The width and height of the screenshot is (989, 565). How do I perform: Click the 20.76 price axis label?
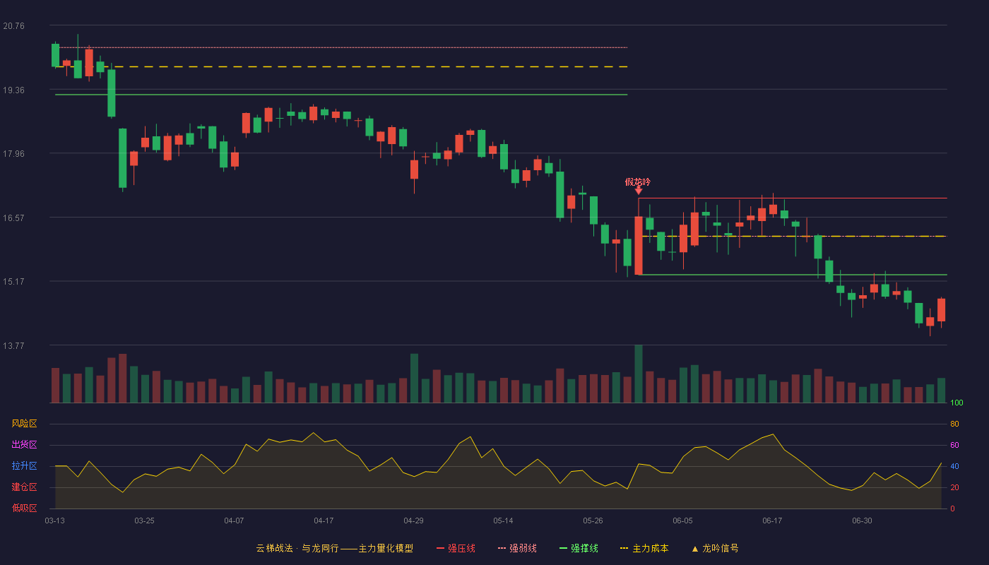pyautogui.click(x=13, y=26)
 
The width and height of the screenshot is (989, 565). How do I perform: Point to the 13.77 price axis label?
pyautogui.click(x=13, y=345)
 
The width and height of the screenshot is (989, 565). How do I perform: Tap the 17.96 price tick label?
pyautogui.click(x=13, y=154)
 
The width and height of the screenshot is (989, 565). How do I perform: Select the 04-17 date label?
pyautogui.click(x=324, y=521)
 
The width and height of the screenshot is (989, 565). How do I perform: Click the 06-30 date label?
pyautogui.click(x=862, y=521)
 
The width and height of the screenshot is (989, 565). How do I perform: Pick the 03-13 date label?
pyautogui.click(x=55, y=521)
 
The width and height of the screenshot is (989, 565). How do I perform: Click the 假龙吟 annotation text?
pyautogui.click(x=637, y=182)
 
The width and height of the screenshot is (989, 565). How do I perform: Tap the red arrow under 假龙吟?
pyautogui.click(x=639, y=191)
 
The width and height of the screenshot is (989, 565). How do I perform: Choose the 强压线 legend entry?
pyautogui.click(x=456, y=548)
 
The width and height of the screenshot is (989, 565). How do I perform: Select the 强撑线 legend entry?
pyautogui.click(x=579, y=548)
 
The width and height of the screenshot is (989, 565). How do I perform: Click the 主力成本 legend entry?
pyautogui.click(x=644, y=548)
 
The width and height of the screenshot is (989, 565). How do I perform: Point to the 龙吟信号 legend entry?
pyautogui.click(x=715, y=548)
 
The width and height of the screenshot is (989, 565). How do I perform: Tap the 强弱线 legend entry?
pyautogui.click(x=517, y=548)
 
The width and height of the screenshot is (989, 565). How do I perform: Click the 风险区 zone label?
pyautogui.click(x=24, y=424)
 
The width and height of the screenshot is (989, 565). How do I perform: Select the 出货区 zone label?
pyautogui.click(x=24, y=444)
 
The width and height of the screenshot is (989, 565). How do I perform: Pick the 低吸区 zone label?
pyautogui.click(x=24, y=508)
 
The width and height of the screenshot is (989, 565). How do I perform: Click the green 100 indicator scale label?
pyautogui.click(x=957, y=403)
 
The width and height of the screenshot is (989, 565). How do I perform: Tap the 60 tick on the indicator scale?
pyautogui.click(x=954, y=445)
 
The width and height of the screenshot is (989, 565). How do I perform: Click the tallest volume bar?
pyautogui.click(x=639, y=374)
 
